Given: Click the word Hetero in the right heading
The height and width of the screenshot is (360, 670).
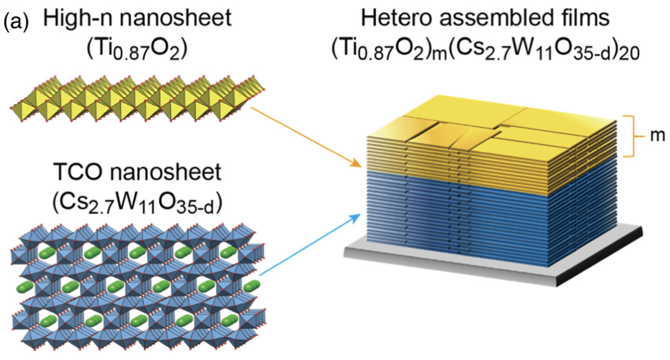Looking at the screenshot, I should (x=391, y=20).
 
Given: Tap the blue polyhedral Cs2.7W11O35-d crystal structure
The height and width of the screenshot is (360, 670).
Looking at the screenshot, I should (x=135, y=288).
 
